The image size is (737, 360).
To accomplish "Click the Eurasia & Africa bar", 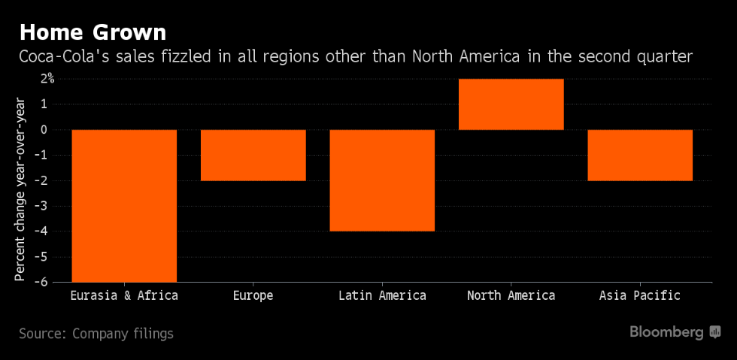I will [124, 205].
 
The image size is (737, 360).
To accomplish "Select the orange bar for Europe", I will [253, 155].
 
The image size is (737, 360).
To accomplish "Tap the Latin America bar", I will [382, 180].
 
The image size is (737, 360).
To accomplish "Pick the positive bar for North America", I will [511, 104].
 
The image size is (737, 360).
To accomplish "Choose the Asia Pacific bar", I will [640, 155].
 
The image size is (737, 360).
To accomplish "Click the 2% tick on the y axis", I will [47, 78].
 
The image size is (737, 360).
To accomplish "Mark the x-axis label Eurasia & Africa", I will [124, 295].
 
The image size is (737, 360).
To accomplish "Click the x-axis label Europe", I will [253, 295].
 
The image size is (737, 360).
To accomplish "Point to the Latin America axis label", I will [382, 295].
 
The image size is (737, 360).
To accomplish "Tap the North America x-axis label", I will [511, 295].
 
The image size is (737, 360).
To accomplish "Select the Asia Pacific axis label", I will [640, 295].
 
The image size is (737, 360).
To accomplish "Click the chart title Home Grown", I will [93, 32].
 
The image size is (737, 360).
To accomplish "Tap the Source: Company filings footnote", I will [96, 334].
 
